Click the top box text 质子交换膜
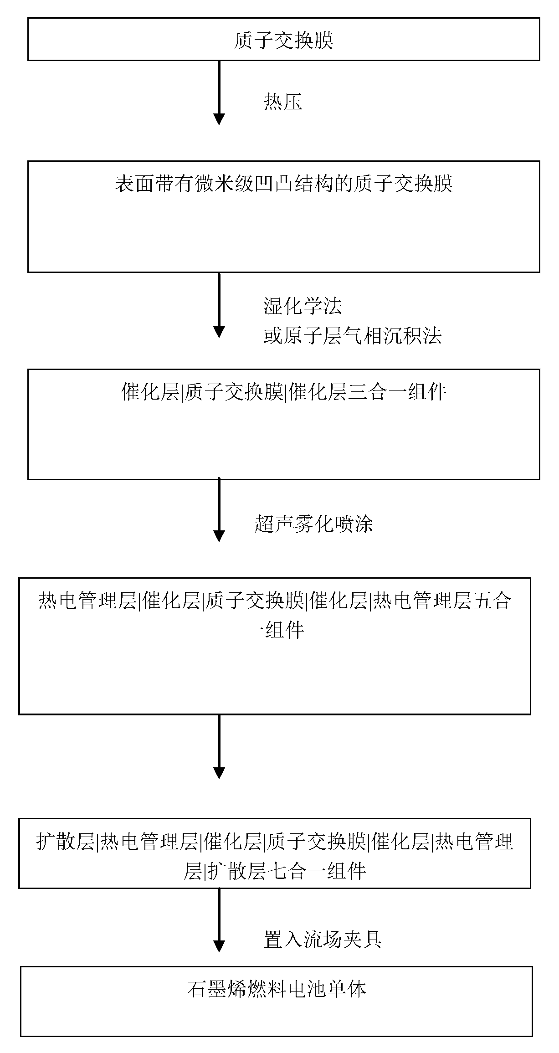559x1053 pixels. click(x=283, y=41)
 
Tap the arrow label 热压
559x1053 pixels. click(x=283, y=102)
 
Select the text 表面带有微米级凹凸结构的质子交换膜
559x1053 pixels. click(x=283, y=185)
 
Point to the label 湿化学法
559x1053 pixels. click(x=303, y=306)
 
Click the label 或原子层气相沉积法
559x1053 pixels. click(x=352, y=336)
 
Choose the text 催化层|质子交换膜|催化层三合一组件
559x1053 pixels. click(x=283, y=392)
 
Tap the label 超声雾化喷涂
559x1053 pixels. click(x=313, y=524)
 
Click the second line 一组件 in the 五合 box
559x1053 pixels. click(x=275, y=631)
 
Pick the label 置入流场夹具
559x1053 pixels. click(x=322, y=939)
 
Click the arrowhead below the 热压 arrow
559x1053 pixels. click(x=219, y=118)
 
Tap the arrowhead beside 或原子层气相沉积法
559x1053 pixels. click(x=219, y=331)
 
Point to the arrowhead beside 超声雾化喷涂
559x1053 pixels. click(x=219, y=535)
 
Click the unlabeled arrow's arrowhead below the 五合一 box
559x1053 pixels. click(x=219, y=773)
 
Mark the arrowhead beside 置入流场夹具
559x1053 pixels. click(x=219, y=946)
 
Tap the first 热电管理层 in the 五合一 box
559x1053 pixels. click(x=87, y=601)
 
